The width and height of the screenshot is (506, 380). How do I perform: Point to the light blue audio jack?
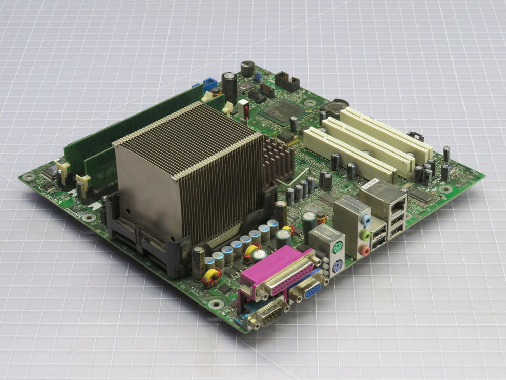click(366, 221)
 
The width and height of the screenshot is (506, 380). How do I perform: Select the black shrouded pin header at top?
click(287, 81)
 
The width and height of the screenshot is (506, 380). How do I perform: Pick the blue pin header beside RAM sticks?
click(209, 82)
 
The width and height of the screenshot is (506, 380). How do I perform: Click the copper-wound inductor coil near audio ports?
click(321, 219)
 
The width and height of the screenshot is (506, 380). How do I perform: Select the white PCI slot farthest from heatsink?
click(387, 129)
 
